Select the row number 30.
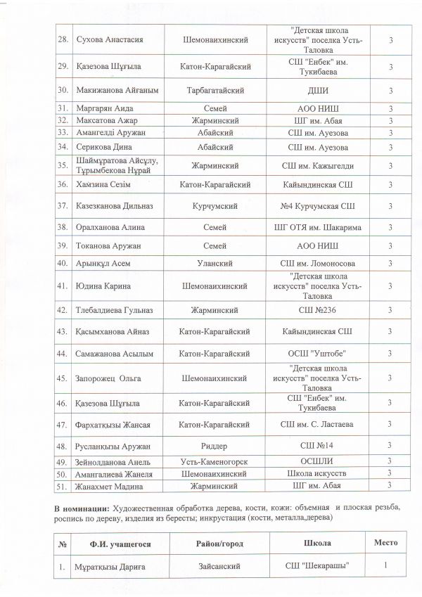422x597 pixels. [63, 91]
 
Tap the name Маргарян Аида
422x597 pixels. [104, 108]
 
